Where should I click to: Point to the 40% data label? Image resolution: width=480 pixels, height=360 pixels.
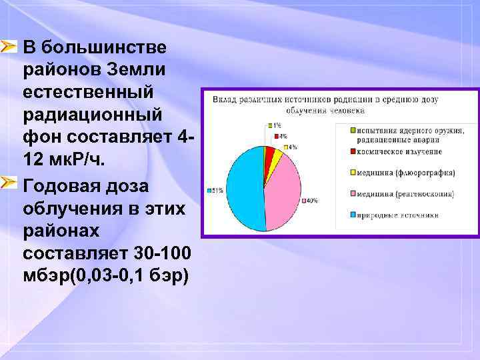coord(311,200)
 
